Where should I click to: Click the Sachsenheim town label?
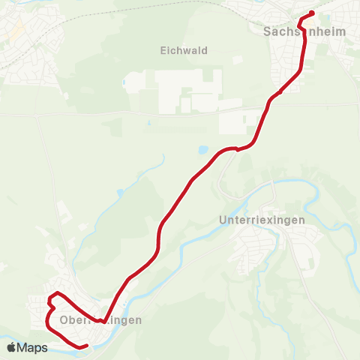coord(298,32)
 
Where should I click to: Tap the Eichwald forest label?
coord(183,51)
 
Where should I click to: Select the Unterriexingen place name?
coord(261,221)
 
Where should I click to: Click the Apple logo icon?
coord(11,347)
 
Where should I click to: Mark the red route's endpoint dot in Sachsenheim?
coord(311,13)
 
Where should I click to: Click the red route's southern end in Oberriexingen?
coord(86,346)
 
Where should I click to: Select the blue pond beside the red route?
coord(204,150)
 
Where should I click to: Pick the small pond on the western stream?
coord(120,193)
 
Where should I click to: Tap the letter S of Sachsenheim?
coord(267,32)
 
